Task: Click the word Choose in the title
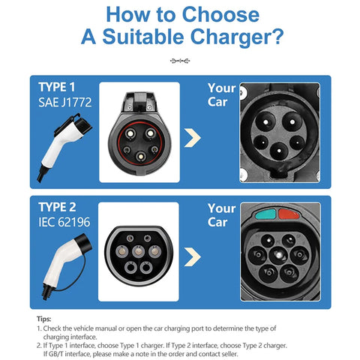tap(220, 14)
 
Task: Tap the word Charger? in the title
tap(237, 37)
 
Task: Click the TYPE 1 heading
tap(57, 87)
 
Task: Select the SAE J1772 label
tap(65, 102)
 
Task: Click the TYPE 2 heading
tap(57, 207)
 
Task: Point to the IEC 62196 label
tap(64, 222)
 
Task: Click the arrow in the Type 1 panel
tap(193, 138)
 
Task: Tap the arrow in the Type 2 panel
tap(193, 256)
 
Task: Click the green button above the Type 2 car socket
tap(265, 214)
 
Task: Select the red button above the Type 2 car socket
tap(289, 214)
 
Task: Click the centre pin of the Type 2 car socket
tap(278, 255)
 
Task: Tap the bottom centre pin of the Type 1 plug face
tap(141, 157)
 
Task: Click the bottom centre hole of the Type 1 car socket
tap(279, 151)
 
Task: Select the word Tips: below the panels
tap(43, 319)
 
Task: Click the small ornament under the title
tap(180, 61)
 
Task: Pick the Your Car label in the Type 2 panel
tap(221, 215)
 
